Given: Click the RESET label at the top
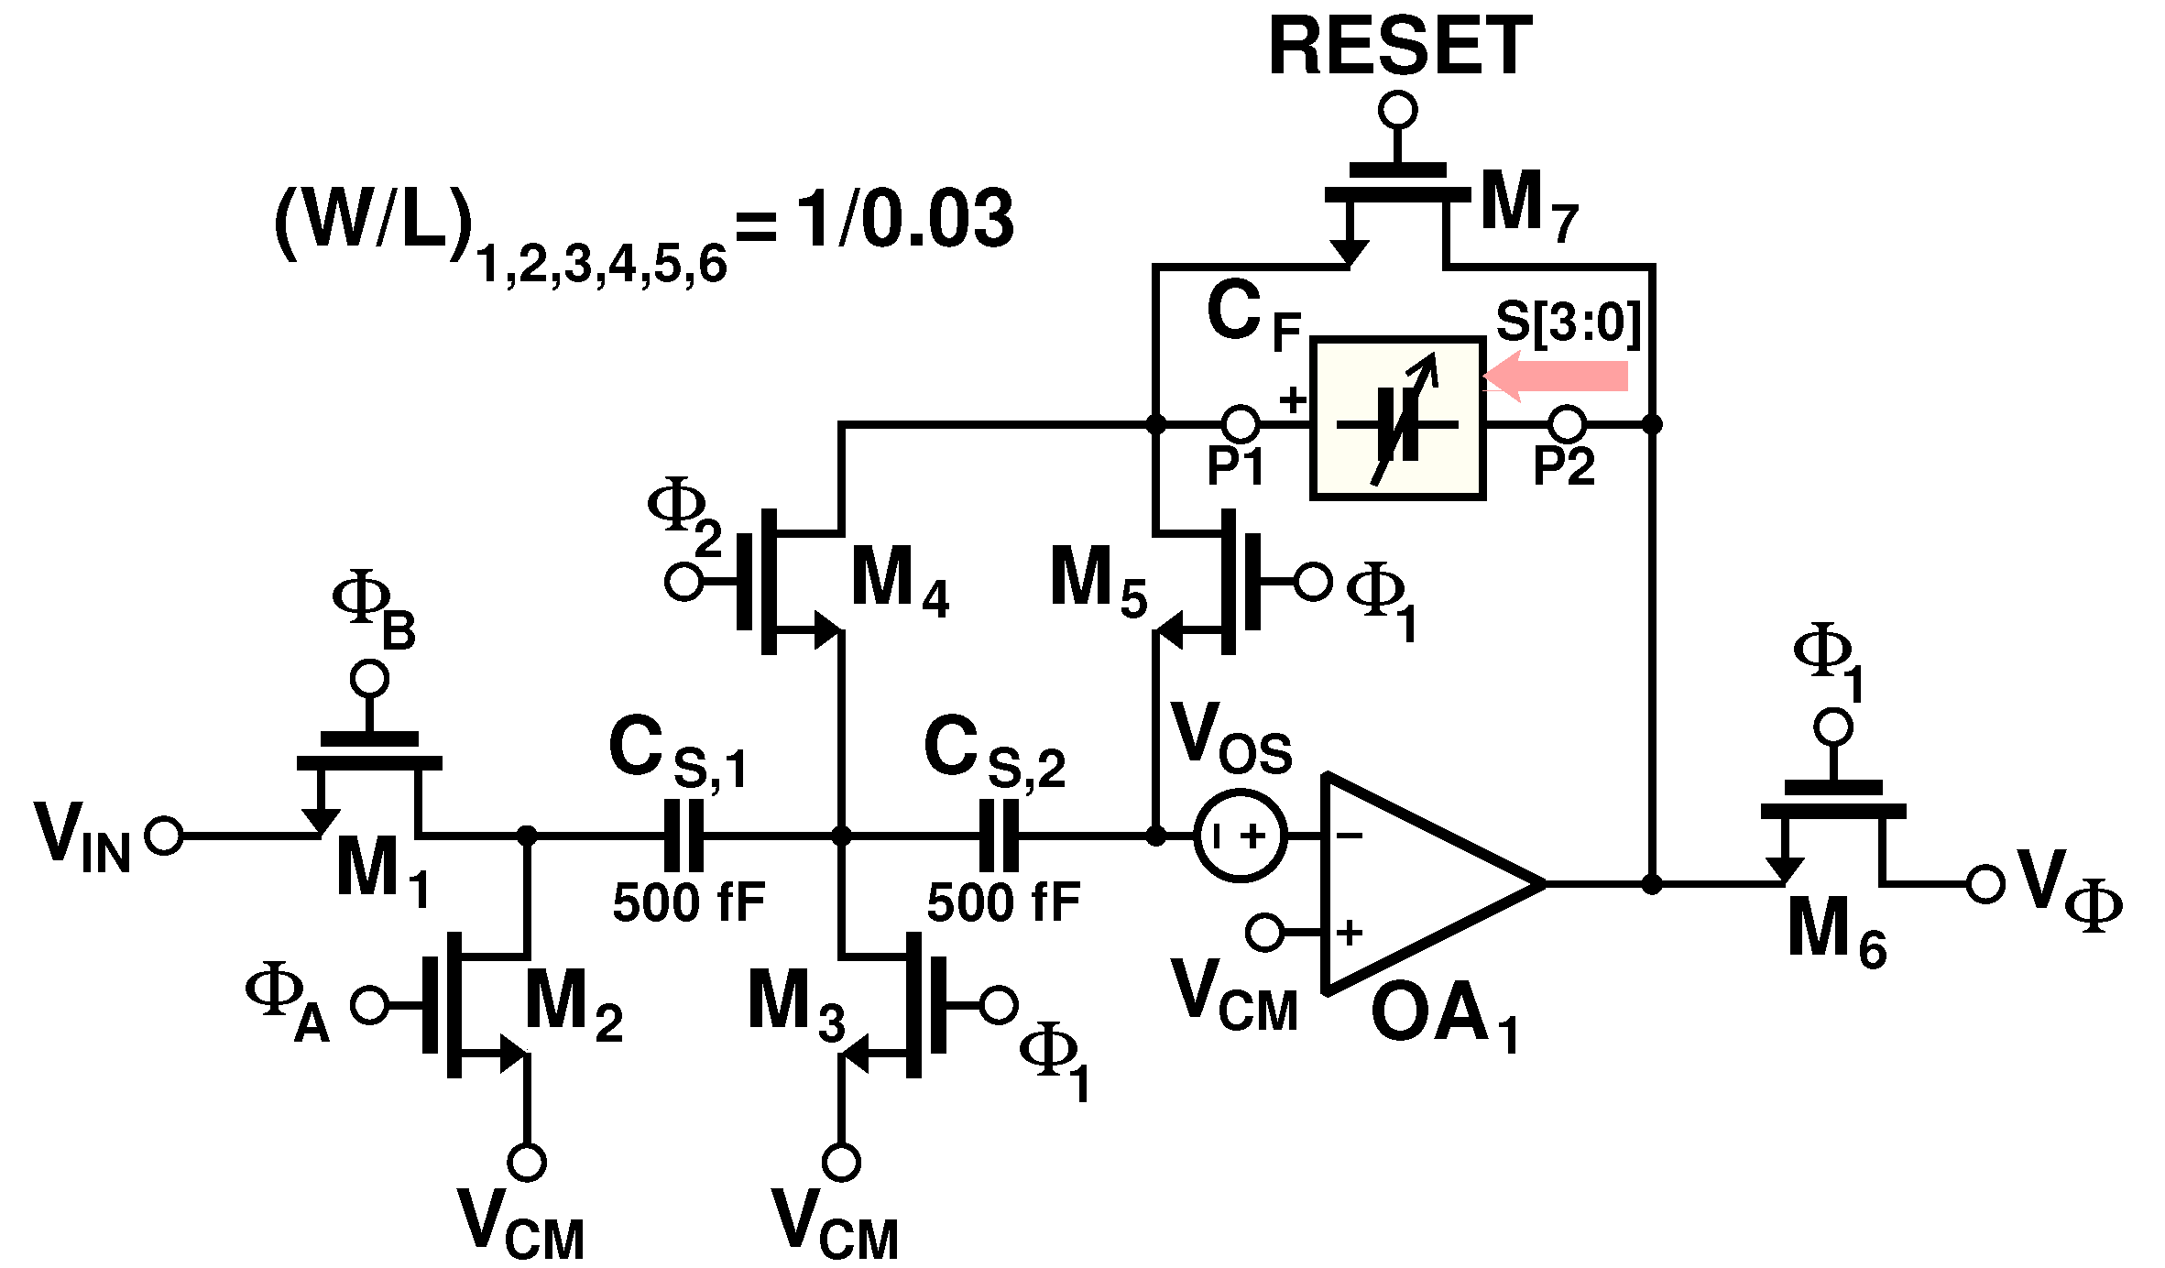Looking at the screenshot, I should click(x=1399, y=48).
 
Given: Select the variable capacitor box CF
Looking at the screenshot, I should click(x=1397, y=419).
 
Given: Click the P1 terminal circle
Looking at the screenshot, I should click(x=1241, y=424).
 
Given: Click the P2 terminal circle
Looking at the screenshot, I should click(x=1567, y=424).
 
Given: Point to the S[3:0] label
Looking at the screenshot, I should click(x=1567, y=322).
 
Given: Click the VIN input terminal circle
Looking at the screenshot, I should click(x=164, y=836).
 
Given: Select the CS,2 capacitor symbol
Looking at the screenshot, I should click(x=999, y=836).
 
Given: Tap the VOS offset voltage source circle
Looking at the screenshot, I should click(x=1240, y=836).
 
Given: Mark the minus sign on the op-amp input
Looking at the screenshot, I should click(x=1350, y=836).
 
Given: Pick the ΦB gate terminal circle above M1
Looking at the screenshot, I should click(x=369, y=679).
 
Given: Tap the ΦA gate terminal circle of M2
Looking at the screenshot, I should click(x=369, y=1005).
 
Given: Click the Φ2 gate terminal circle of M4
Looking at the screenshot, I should click(x=683, y=582).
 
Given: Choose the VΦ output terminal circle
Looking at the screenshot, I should click(x=1985, y=884).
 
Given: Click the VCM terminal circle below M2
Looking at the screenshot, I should click(x=527, y=1162).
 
